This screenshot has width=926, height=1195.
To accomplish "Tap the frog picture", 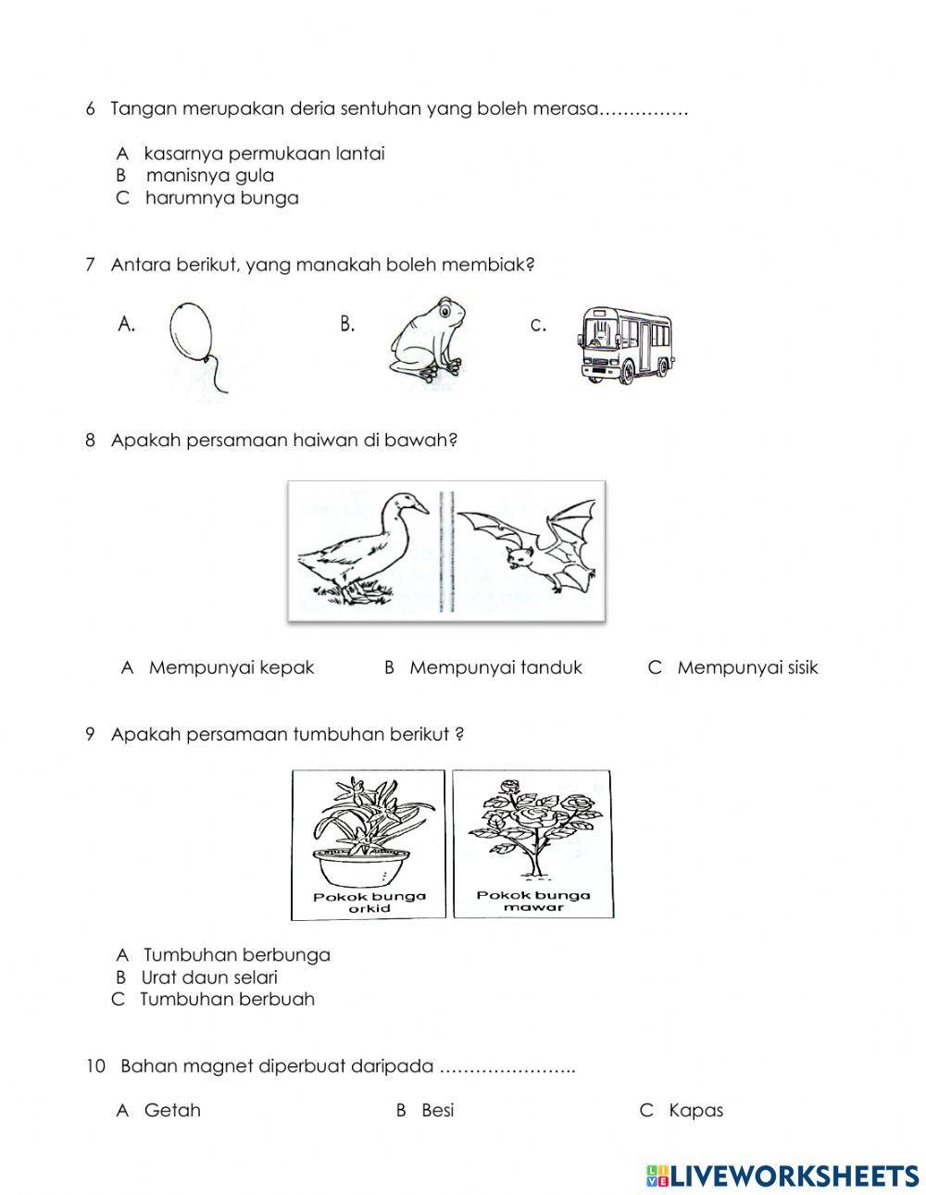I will click(x=423, y=340).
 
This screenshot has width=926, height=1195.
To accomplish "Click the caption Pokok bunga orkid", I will click(x=369, y=902).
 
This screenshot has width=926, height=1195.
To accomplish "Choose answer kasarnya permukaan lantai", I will click(x=264, y=154).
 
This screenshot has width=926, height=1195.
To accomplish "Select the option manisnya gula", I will click(x=210, y=176).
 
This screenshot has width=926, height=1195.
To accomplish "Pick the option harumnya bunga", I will click(x=221, y=198).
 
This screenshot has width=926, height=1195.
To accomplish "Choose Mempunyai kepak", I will click(x=231, y=667).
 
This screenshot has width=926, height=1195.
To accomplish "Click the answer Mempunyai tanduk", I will click(x=495, y=667).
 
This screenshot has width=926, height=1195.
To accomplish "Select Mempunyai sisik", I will click(x=747, y=667).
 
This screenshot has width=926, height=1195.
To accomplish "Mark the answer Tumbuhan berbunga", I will click(x=237, y=954).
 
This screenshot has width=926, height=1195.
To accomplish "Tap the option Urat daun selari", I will click(x=209, y=977).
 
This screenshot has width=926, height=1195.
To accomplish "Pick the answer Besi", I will click(x=437, y=1110).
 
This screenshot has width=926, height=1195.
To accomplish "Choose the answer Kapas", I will click(x=695, y=1110).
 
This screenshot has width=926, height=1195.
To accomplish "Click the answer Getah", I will click(x=172, y=1110).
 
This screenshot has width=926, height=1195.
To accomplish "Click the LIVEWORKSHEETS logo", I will click(x=782, y=1175).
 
